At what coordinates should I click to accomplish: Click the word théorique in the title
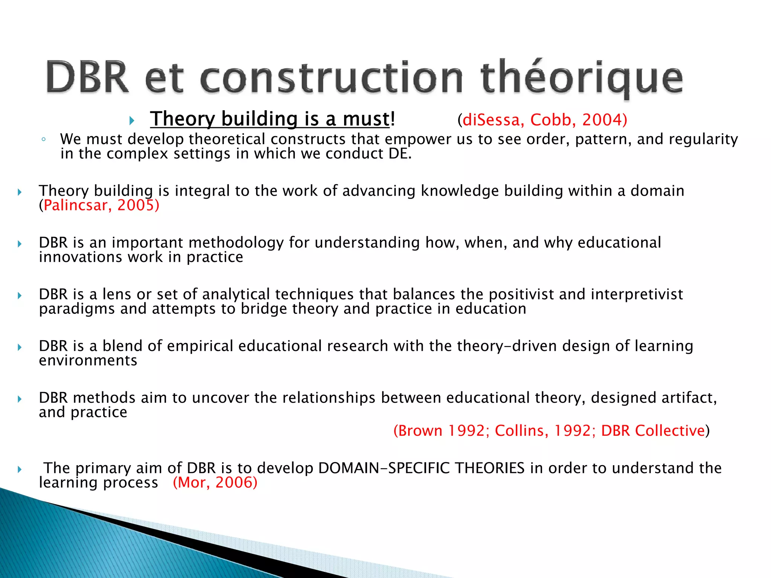(x=582, y=78)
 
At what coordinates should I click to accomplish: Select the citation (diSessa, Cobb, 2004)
(x=542, y=120)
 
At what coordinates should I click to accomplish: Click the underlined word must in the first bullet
(x=366, y=119)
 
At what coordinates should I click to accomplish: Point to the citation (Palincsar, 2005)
(x=99, y=205)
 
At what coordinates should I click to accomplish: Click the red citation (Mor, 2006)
(x=215, y=483)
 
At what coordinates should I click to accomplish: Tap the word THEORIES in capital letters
(x=490, y=468)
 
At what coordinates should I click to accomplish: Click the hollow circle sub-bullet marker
(x=44, y=140)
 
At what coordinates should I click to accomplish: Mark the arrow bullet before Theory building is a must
(x=132, y=121)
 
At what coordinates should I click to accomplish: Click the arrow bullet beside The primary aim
(x=20, y=469)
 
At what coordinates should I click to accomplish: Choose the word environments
(x=88, y=361)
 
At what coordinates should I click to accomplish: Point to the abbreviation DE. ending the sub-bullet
(x=400, y=154)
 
